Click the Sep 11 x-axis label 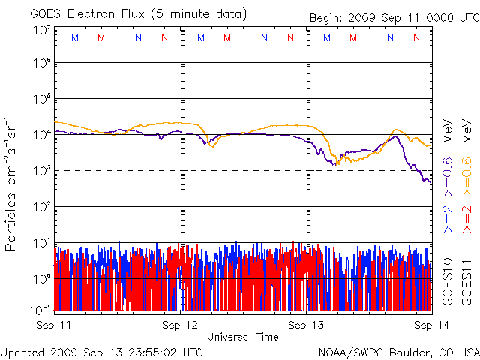(55, 325)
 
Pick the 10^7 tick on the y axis (41, 30)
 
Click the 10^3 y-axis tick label (41, 171)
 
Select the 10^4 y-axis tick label (41, 136)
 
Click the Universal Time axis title (242, 337)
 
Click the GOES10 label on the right (448, 280)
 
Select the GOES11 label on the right (466, 280)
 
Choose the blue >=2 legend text (448, 217)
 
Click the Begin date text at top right (393, 17)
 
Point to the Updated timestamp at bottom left (102, 351)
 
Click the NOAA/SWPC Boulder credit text (398, 351)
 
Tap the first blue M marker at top (73, 37)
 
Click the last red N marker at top (417, 37)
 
